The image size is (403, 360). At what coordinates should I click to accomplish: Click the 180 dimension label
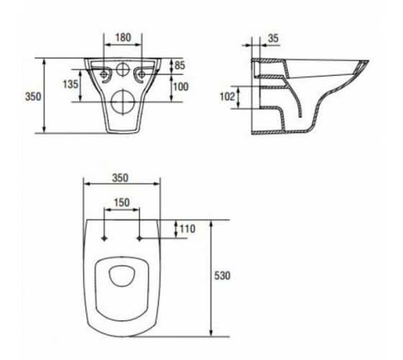pos(123,37)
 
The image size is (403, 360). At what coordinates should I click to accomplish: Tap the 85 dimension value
pos(180,66)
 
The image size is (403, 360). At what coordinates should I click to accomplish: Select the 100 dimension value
pos(181,87)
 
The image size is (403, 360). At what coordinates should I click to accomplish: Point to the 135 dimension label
pos(71,84)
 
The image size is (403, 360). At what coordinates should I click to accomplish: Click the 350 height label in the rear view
pos(33,96)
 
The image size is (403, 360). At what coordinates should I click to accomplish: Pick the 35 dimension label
pos(273,38)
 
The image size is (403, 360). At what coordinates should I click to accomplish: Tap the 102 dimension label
pos(227,96)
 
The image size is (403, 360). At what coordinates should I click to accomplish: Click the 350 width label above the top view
pos(120,178)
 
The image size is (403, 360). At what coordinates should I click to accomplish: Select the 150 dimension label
pos(122,203)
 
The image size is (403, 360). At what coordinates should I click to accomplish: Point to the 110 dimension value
pos(187,229)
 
